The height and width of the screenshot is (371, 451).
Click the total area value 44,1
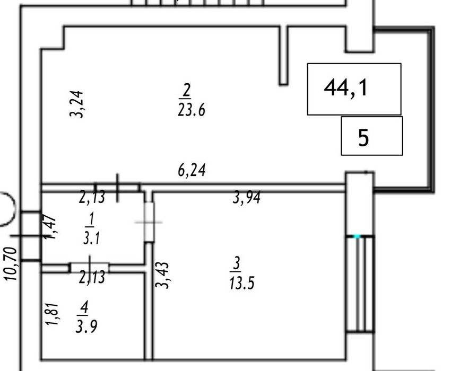coord(345,88)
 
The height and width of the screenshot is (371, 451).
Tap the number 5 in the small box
coord(363,138)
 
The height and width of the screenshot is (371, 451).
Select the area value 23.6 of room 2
coord(192,110)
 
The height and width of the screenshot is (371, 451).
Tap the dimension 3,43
coord(162,275)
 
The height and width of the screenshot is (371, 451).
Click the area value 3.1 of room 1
coord(91,238)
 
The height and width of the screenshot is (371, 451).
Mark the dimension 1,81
coord(51,314)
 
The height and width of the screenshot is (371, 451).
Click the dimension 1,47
coord(51,227)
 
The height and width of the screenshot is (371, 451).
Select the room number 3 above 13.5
coord(237,263)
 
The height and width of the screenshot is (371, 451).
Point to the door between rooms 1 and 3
coord(149,222)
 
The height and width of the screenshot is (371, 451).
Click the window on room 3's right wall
coord(360,284)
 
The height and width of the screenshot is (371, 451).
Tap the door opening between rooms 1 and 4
coord(89,267)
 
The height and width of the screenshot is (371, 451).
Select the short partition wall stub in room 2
coord(284,56)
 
